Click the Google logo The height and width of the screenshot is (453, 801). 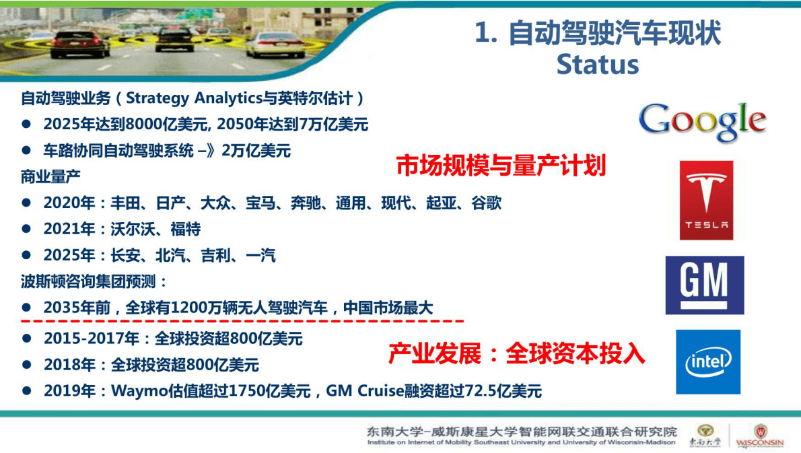tap(702, 121)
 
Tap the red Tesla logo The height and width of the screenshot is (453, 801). tap(706, 200)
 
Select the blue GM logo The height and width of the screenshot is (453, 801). tap(705, 285)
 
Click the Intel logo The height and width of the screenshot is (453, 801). tap(708, 362)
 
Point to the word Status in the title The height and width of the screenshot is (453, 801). tap(597, 65)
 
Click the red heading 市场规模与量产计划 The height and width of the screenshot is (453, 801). tap(501, 165)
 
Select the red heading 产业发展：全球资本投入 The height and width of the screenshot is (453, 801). tap(516, 353)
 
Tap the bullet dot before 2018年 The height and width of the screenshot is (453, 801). tap(27, 365)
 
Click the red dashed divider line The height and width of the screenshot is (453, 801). tap(242, 321)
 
